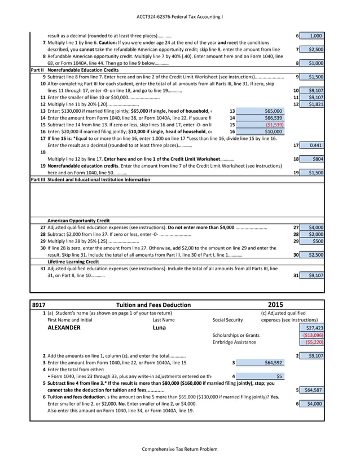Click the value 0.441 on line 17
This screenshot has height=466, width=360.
[x=316, y=146]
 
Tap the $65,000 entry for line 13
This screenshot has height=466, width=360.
[x=274, y=111]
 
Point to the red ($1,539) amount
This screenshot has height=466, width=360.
[x=274, y=125]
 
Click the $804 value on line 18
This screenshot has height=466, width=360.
[x=317, y=160]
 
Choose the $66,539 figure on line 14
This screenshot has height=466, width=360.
[x=274, y=118]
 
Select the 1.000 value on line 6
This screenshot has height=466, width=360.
[x=316, y=36]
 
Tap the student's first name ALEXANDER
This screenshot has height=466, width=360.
[x=64, y=328]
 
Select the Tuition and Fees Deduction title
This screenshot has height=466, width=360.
[x=153, y=305]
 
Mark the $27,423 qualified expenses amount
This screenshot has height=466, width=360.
[x=314, y=328]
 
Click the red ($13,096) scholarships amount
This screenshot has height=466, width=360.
[x=313, y=335]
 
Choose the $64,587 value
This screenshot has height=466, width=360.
[x=313, y=390]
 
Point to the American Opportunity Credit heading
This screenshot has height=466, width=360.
[x=78, y=221]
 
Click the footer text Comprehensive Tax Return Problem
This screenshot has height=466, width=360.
[x=179, y=449]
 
